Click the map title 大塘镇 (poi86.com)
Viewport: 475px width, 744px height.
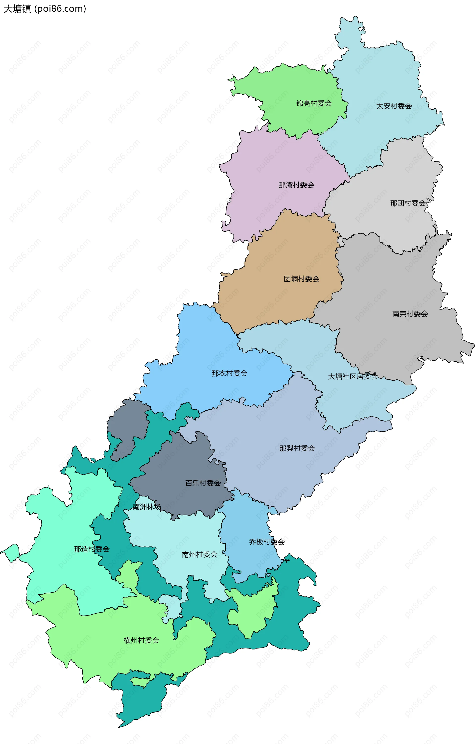click(45, 9)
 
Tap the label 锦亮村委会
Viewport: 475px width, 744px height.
click(314, 103)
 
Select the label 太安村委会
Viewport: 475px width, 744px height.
click(394, 106)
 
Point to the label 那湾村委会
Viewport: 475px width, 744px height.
click(296, 185)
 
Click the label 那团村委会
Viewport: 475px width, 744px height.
click(408, 203)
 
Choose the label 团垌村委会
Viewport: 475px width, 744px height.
click(301, 279)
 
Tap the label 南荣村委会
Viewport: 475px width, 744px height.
click(410, 314)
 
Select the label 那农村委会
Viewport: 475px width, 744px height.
click(230, 373)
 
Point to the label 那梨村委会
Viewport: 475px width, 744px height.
click(297, 448)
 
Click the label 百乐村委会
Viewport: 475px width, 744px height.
click(203, 483)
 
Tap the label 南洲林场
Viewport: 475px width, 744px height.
click(147, 507)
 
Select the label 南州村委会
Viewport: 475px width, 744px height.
click(199, 555)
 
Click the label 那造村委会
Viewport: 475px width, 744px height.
click(92, 549)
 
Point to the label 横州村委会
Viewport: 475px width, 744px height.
click(142, 640)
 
